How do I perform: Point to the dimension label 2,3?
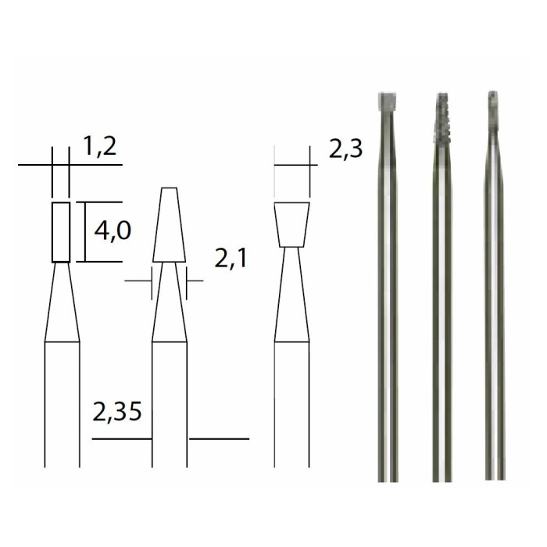pos(345,149)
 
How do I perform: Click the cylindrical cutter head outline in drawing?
pos(61,231)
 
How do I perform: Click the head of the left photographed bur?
pos(384,102)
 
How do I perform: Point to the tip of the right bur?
pos(492,98)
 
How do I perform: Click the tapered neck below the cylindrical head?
pos(62,305)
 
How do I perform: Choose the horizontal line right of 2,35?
pos(219,438)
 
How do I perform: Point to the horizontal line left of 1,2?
pos(34,165)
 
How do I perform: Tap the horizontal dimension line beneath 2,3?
pos(295,165)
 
